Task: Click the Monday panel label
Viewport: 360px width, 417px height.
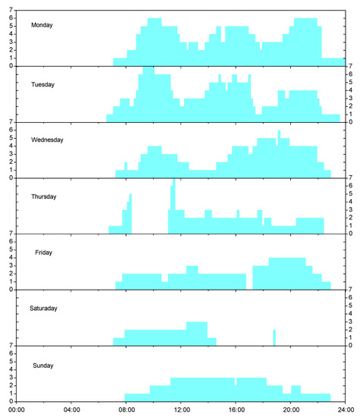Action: (42, 25)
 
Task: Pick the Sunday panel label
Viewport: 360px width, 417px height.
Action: (44, 365)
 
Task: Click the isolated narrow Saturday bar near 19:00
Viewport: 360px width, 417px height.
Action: (274, 337)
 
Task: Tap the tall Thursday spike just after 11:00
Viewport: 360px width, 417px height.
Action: (174, 197)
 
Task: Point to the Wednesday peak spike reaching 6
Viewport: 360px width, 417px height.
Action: (279, 135)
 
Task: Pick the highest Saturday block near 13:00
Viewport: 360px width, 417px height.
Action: (196, 330)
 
